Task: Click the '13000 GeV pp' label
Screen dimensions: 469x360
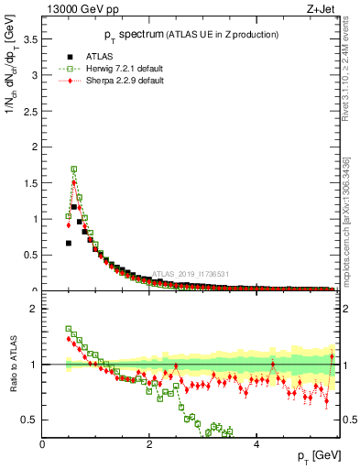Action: point(72,9)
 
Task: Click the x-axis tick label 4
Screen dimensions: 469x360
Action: point(256,443)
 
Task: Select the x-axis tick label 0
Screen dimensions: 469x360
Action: point(43,443)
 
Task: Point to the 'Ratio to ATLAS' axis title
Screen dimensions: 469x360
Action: point(11,365)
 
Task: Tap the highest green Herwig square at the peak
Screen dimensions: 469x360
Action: point(74,169)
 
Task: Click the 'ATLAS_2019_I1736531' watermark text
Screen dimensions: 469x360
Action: point(191,273)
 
